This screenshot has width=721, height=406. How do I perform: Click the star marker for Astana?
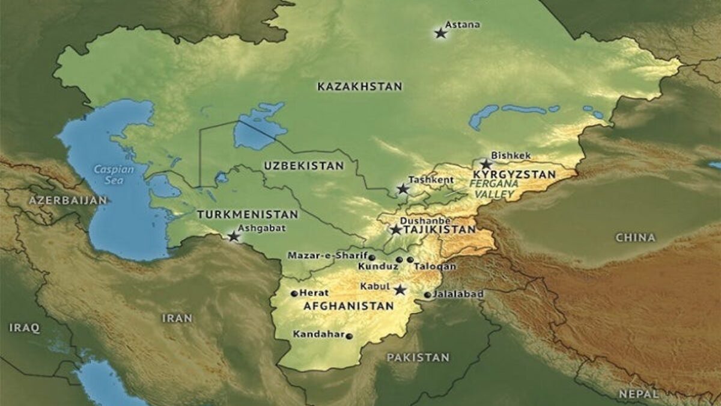coord(440,34)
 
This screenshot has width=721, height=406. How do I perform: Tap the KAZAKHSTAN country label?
coord(359,87)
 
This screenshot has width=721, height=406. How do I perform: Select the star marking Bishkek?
coord(486,164)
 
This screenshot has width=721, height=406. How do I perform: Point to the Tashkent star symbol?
coord(403,189)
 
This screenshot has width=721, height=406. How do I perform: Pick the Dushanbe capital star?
coord(395,230)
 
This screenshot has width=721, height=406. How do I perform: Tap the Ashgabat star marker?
coord(234,237)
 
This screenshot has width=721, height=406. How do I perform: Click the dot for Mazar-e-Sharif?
coord(372,257)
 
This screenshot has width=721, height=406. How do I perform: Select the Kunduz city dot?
coord(399,260)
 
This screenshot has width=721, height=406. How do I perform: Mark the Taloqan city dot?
coord(410,260)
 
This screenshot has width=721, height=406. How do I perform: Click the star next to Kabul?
coord(400,290)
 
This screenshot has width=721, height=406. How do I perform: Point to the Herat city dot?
coord(294,294)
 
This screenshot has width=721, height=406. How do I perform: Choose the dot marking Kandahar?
coord(350,336)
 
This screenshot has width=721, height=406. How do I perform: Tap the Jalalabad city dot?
coord(427,295)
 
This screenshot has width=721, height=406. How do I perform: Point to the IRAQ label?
coord(25,328)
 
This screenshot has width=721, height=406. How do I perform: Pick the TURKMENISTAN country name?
coord(248,214)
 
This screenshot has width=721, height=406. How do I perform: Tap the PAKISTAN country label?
coord(418,357)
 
